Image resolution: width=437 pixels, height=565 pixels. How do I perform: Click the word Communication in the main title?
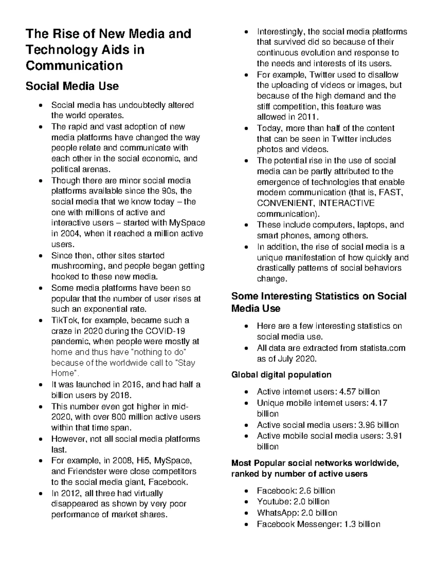(74, 65)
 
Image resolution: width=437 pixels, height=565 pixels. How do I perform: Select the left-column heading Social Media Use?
(72, 86)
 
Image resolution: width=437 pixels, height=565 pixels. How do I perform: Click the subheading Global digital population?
(281, 375)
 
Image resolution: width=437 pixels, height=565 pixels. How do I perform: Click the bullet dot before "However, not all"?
(41, 439)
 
